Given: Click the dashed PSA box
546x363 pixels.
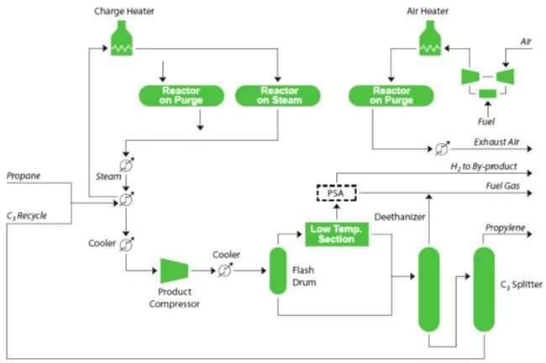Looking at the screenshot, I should (x=337, y=193).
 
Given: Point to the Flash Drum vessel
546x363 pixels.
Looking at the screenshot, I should (x=278, y=271).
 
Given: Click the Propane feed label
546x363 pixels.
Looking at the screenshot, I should (x=25, y=177).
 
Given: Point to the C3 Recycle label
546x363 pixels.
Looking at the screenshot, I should (x=27, y=215).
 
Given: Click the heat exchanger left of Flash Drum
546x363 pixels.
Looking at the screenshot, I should (x=224, y=271).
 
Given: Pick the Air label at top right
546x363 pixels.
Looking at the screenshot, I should (x=526, y=39).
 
